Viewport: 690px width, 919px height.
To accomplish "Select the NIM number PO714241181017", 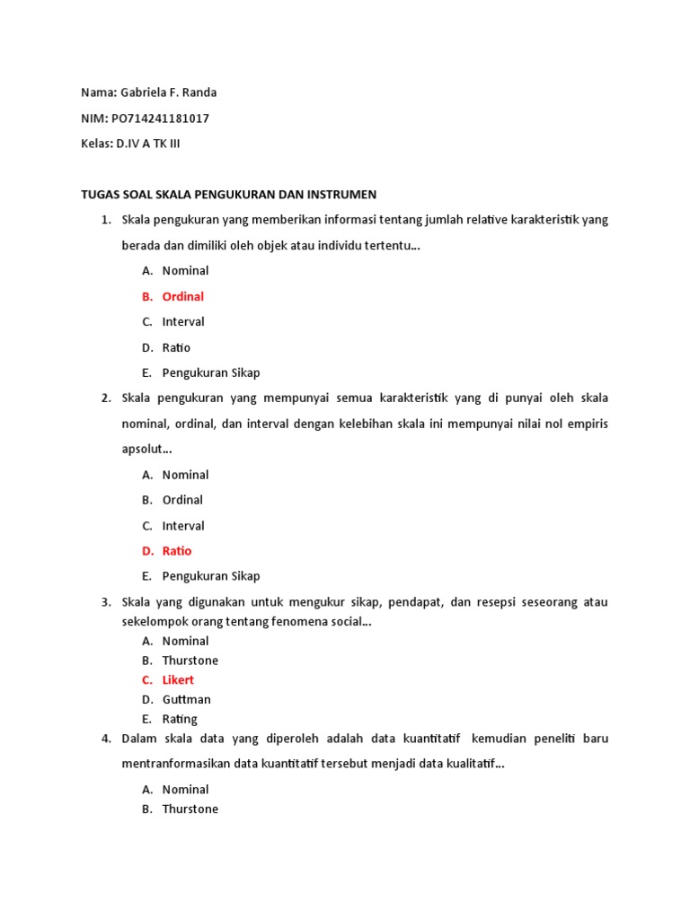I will [x=161, y=118].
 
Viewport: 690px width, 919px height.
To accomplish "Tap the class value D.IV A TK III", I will [x=154, y=144].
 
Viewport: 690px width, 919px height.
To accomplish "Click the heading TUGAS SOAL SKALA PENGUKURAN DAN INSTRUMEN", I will [x=228, y=194].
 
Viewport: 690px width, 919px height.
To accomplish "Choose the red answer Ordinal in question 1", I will [x=182, y=296].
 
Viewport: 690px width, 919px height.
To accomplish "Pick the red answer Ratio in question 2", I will [x=176, y=551].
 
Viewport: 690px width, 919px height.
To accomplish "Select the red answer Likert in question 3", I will [x=178, y=680].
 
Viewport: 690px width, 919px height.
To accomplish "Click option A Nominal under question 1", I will [x=185, y=271].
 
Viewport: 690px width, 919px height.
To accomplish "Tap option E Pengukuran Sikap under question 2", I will [x=211, y=576].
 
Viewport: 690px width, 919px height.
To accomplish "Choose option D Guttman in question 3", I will [x=187, y=699].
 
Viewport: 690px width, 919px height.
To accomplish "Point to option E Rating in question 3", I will [x=180, y=719].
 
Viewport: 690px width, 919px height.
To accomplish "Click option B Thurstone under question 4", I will [x=190, y=810].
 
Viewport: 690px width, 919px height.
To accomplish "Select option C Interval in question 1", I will [x=183, y=321].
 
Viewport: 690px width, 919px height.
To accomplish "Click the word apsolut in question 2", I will [x=144, y=449].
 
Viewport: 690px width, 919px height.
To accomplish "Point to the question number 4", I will [x=105, y=739].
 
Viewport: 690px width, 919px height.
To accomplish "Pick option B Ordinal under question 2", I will [x=182, y=500].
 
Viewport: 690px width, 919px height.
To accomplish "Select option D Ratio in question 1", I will [x=176, y=347].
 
